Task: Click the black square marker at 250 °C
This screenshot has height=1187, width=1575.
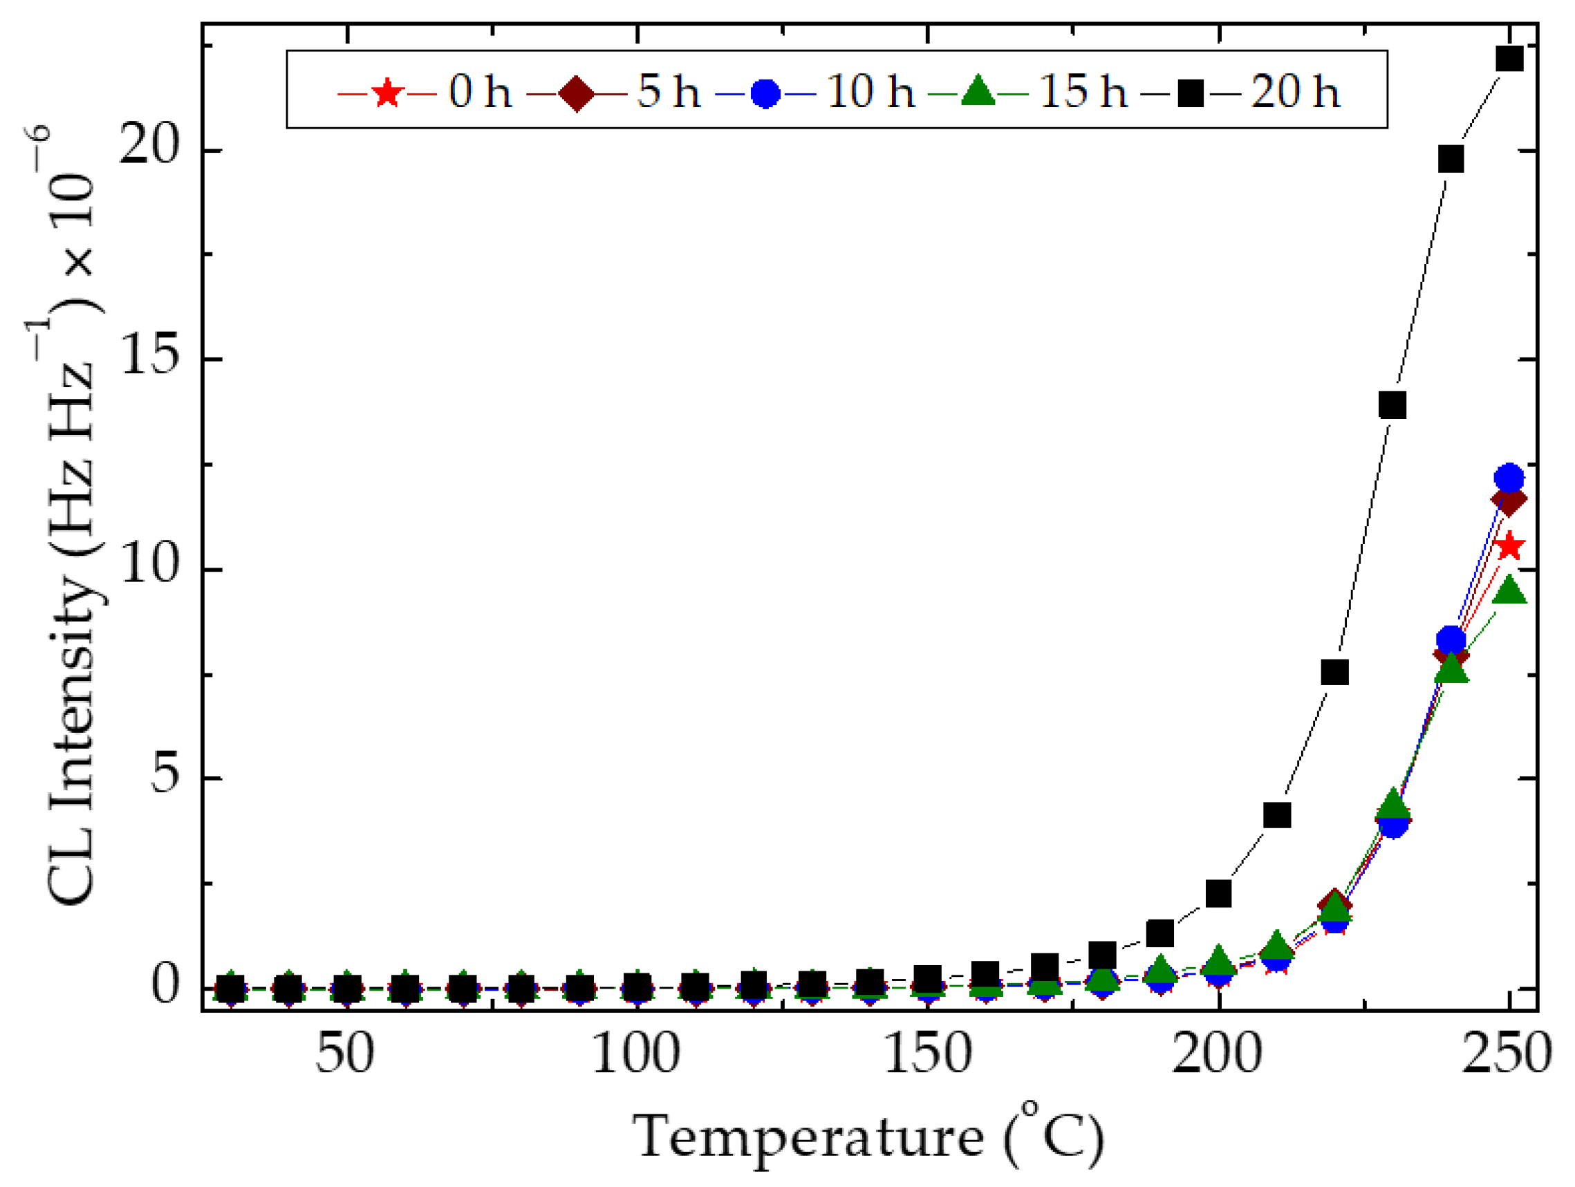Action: (1509, 58)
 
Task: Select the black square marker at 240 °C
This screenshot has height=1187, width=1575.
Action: (1451, 160)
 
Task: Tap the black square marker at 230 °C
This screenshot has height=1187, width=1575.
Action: (1392, 405)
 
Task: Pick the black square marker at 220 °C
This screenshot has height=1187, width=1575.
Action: (1334, 671)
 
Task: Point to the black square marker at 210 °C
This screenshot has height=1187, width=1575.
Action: (1276, 814)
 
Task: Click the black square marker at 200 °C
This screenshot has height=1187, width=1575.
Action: (1218, 893)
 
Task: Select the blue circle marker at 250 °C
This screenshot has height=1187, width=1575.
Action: (1509, 477)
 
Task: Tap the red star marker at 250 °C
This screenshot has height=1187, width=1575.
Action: (1509, 547)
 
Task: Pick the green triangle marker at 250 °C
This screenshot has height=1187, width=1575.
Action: (1509, 591)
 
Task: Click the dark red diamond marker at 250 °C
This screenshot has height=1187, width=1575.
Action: (1509, 501)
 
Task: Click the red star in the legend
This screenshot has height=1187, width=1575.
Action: (386, 93)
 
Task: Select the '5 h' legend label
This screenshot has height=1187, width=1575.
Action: (668, 92)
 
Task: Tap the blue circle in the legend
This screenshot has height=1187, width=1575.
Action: (765, 93)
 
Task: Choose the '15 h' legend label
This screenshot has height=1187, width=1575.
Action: (1083, 92)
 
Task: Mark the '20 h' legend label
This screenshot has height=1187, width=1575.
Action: (1295, 92)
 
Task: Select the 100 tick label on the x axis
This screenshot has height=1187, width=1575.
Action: (636, 1054)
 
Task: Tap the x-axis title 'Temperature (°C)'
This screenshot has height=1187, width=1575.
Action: (868, 1137)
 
